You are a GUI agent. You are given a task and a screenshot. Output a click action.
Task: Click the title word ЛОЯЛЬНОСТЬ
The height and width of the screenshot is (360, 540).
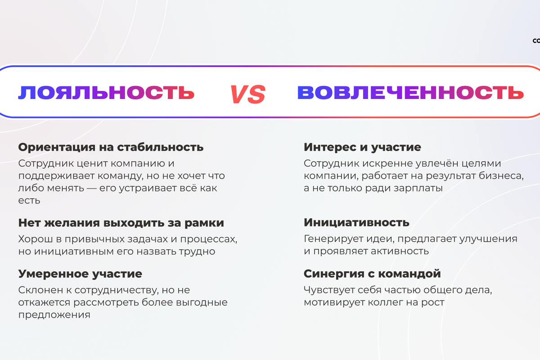106,92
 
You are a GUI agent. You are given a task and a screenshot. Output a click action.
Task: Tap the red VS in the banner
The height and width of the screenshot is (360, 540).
248,94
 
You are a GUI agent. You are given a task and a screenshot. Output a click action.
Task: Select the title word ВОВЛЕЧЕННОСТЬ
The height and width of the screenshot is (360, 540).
410,92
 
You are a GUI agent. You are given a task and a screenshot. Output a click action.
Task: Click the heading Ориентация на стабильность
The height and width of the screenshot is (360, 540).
111,147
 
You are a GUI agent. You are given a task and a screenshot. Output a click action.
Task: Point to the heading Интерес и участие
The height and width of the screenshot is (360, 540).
362,147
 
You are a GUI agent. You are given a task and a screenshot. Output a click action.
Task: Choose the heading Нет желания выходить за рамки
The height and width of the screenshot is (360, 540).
121,223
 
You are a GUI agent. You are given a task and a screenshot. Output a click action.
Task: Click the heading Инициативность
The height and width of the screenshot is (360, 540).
356,222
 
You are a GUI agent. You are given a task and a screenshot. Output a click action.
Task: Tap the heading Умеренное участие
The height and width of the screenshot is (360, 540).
80,274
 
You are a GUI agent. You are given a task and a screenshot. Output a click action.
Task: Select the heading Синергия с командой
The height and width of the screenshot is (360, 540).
372,274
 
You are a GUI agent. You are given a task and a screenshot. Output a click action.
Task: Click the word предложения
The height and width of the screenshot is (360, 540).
54,315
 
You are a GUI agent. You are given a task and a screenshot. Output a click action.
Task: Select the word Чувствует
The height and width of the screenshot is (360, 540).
329,290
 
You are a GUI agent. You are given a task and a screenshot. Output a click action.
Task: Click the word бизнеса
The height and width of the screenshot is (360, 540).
501,176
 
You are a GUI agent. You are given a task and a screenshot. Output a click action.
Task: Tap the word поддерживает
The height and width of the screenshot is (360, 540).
56,176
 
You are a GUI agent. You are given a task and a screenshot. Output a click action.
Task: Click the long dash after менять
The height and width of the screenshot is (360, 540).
92,188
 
